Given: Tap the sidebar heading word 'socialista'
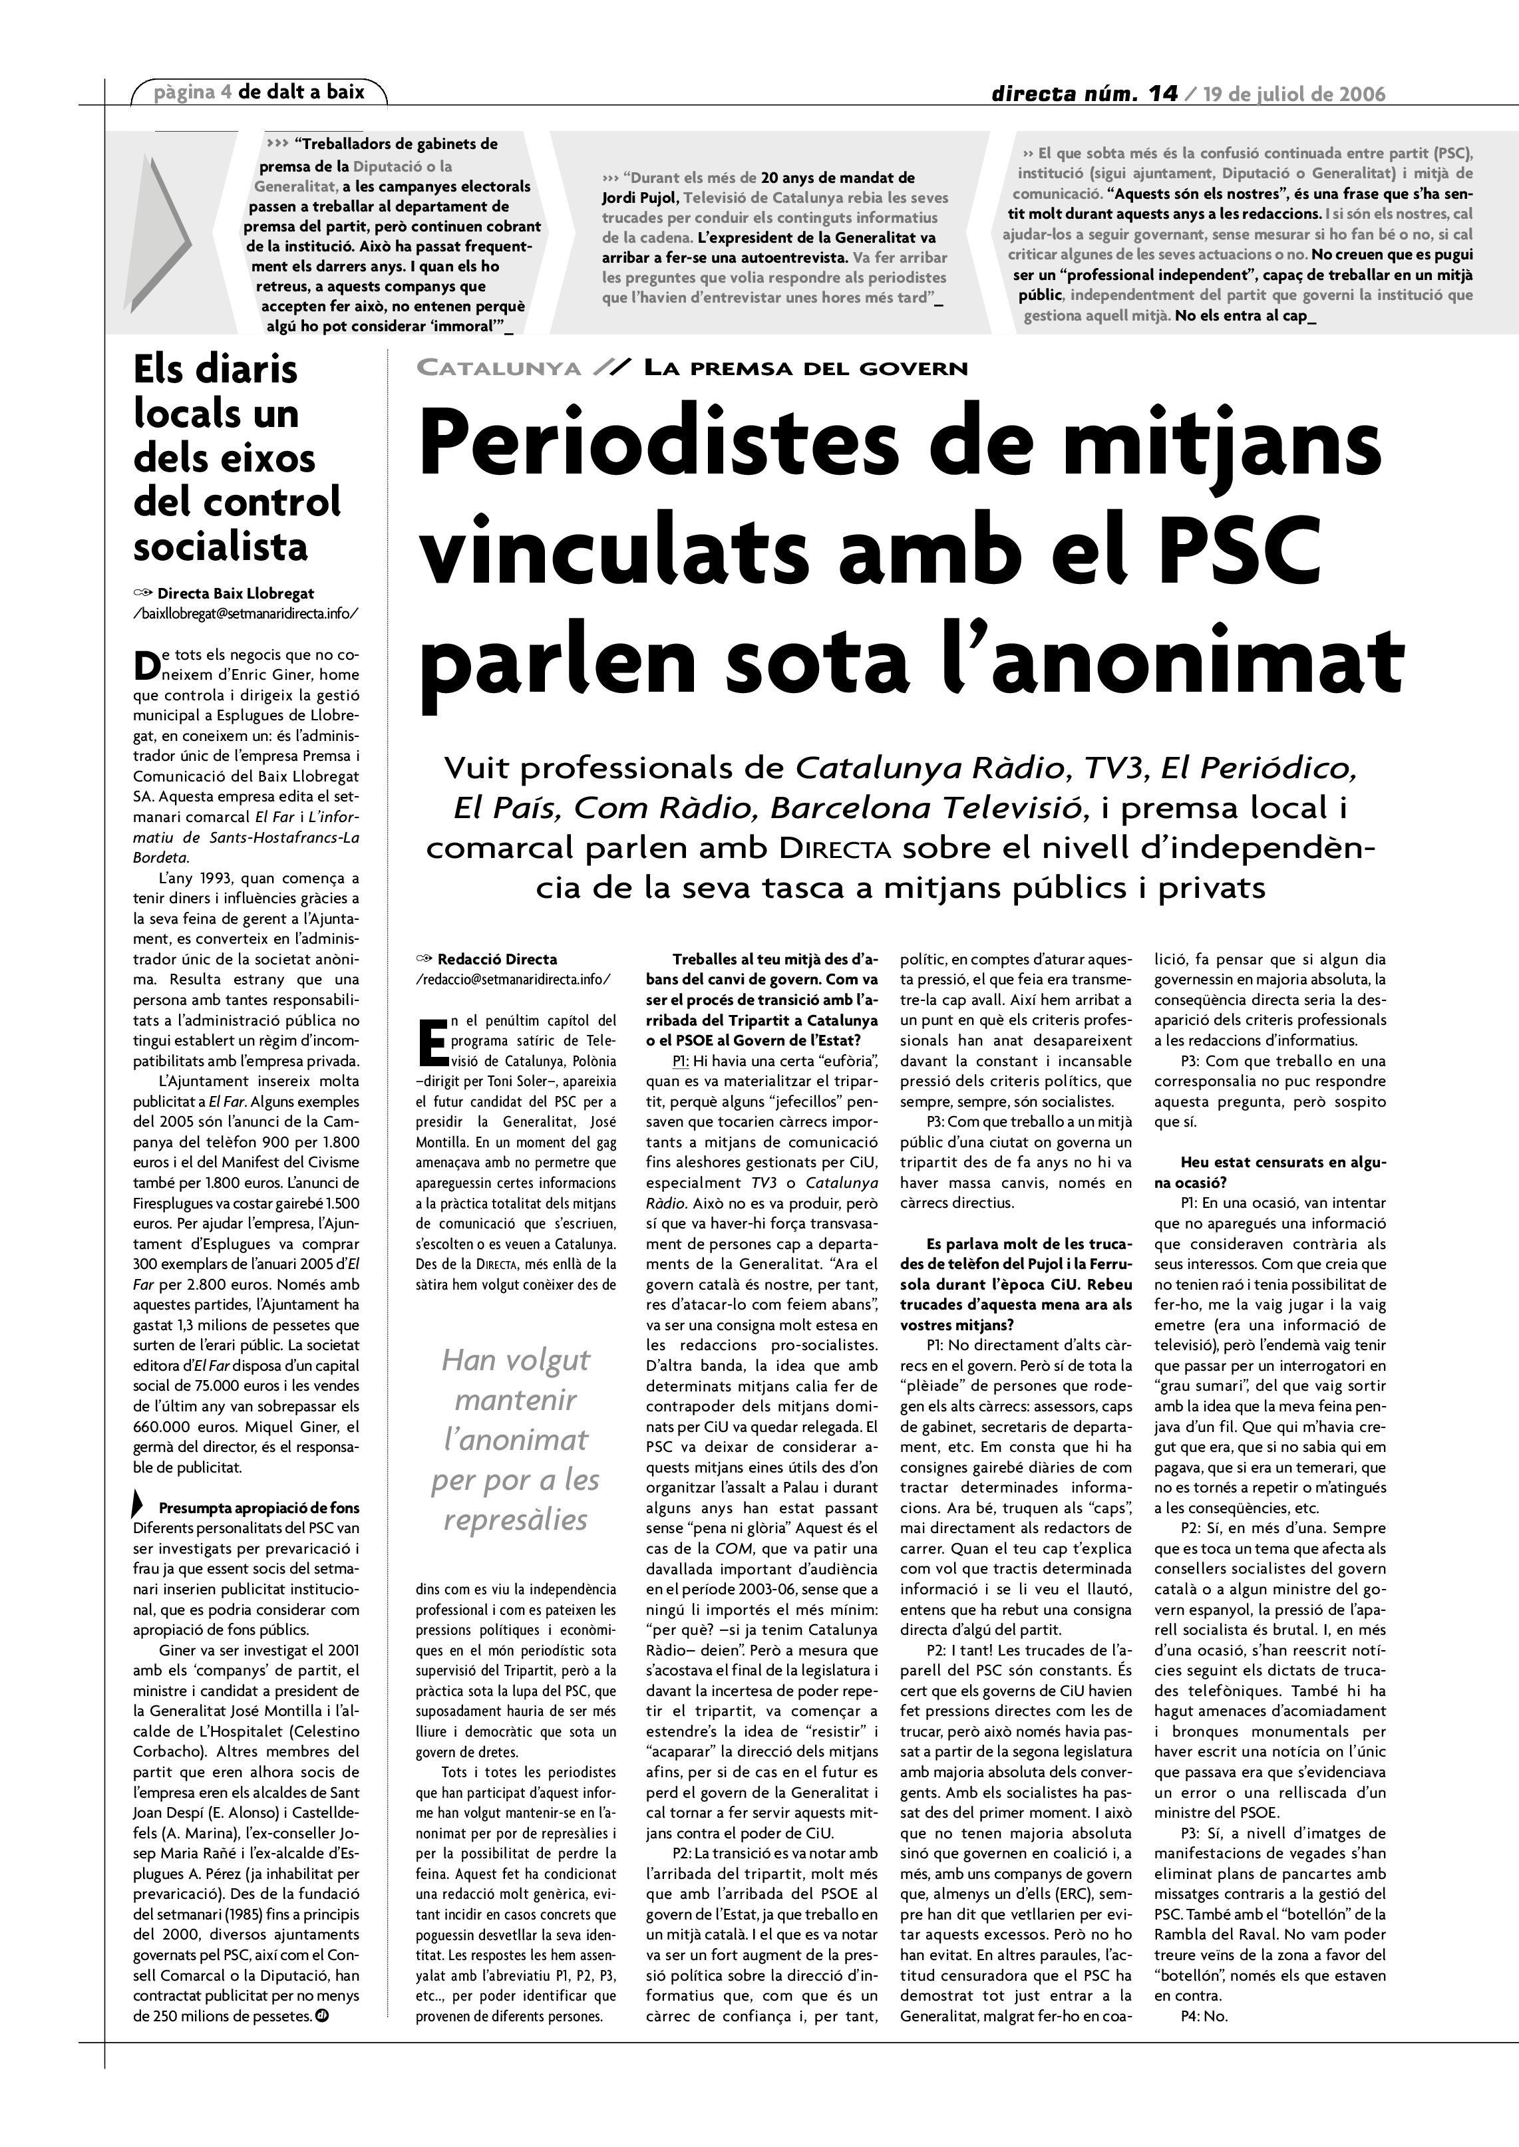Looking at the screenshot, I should (x=221, y=547).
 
